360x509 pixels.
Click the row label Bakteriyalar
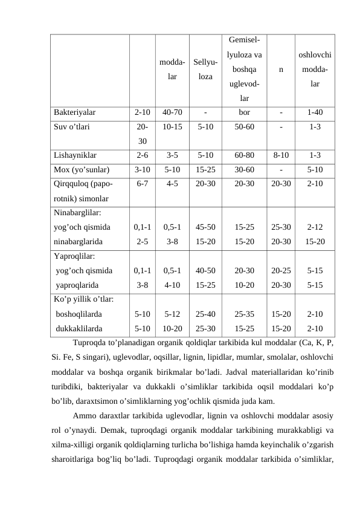pyautogui.click(x=74, y=112)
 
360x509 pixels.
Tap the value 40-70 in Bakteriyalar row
pyautogui.click(x=172, y=112)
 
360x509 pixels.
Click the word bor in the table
pyautogui.click(x=244, y=112)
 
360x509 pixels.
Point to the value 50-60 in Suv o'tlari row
pyautogui.click(x=244, y=127)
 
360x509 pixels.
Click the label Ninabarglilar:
pyautogui.click(x=77, y=213)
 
